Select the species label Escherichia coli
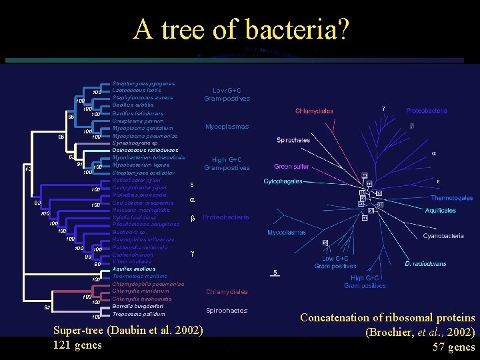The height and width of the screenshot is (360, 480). (x=134, y=255)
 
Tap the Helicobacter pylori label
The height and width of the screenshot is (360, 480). (x=137, y=180)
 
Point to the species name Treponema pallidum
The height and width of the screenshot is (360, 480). (x=138, y=313)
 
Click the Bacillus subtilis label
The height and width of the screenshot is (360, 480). (x=133, y=105)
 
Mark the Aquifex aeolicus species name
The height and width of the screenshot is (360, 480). (x=134, y=269)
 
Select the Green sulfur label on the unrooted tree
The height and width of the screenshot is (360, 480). (x=291, y=167)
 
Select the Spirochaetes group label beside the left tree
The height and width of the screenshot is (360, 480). (x=227, y=311)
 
